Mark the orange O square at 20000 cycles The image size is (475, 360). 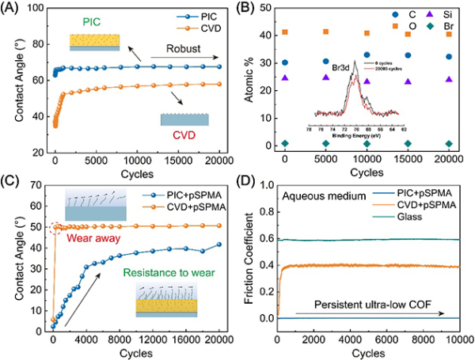pos(449,34)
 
